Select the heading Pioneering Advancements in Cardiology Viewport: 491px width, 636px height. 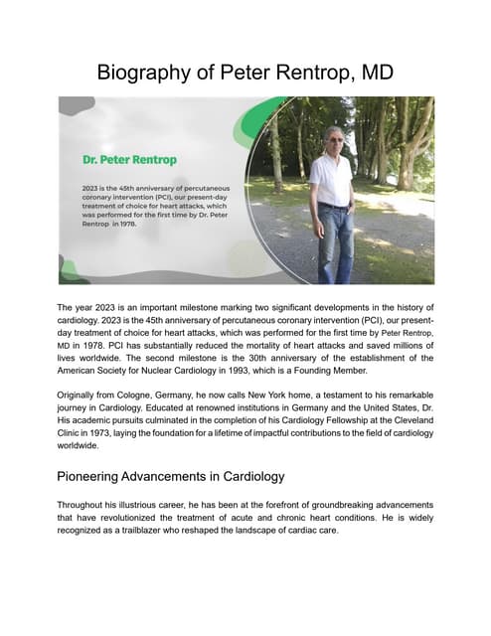pos(171,475)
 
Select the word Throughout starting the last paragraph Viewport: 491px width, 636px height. pos(87,504)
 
